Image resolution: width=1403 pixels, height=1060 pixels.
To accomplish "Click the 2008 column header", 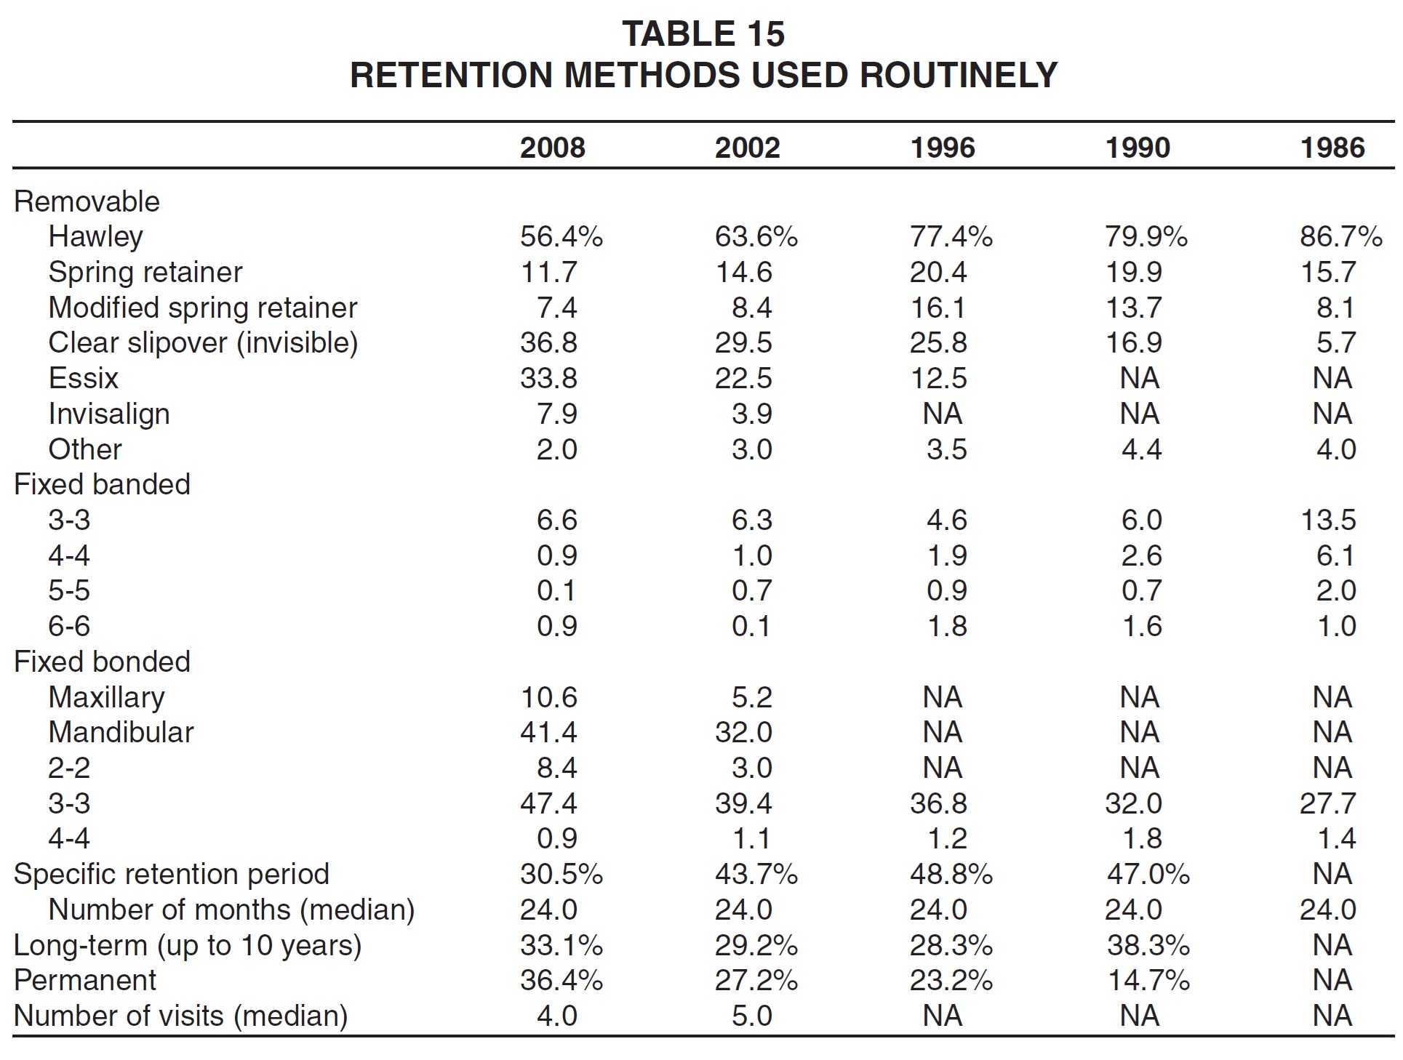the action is [x=552, y=148].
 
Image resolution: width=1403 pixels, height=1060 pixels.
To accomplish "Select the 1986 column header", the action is [x=1332, y=148].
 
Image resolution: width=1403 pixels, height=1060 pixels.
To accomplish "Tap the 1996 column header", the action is [x=943, y=148].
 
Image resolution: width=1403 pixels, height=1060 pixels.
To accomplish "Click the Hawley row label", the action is [x=96, y=237].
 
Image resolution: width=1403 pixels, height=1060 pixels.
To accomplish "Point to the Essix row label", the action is [x=83, y=378].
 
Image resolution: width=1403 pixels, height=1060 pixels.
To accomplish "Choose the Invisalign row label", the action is [x=109, y=414].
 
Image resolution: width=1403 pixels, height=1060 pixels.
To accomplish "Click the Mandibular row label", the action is [x=121, y=732].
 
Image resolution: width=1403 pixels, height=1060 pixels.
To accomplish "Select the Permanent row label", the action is [x=85, y=980].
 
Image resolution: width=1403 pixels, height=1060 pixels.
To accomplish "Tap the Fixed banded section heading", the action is [x=103, y=484].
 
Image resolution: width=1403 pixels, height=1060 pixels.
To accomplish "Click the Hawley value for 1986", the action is [x=1341, y=236].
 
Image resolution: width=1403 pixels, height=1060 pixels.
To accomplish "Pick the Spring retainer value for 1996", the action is [x=938, y=272].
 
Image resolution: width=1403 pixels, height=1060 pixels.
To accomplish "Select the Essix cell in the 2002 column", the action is [x=743, y=378].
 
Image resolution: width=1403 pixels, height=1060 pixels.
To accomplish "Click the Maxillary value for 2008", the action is [x=549, y=697].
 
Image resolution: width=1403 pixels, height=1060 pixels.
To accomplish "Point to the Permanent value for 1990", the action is [x=1148, y=980].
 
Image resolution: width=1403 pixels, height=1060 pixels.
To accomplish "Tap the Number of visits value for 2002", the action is [x=752, y=1016].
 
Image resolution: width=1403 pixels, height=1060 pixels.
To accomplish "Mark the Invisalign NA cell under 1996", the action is [x=943, y=414].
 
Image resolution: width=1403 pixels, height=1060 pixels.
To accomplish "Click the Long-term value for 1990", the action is [x=1148, y=945].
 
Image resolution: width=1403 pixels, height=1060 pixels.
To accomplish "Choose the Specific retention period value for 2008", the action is [x=561, y=874].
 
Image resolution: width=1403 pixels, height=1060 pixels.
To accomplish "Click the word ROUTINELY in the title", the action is [x=959, y=75].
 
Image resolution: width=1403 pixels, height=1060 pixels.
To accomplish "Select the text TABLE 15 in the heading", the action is [x=703, y=33].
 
